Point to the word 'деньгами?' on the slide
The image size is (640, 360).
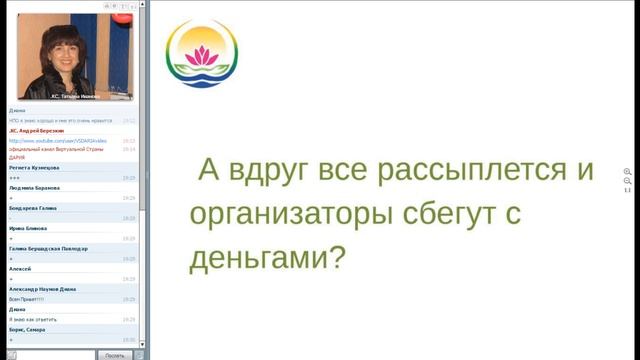click(267, 258)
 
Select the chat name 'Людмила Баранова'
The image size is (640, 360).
click(35, 187)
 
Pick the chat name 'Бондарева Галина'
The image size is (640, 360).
click(33, 208)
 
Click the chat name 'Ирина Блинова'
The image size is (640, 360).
click(30, 228)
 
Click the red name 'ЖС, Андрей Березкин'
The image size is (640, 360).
click(37, 130)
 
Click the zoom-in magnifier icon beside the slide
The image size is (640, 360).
click(627, 172)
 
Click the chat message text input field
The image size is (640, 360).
click(48, 354)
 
